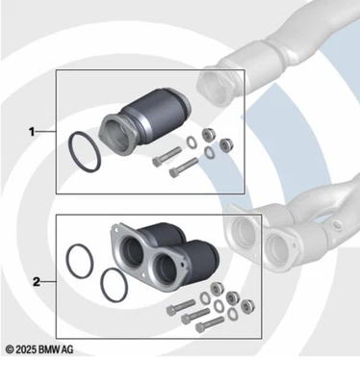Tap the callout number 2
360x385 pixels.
pyautogui.click(x=36, y=282)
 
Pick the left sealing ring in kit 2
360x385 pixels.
pyautogui.click(x=80, y=264)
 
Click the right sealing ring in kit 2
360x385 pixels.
pyautogui.click(x=113, y=286)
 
